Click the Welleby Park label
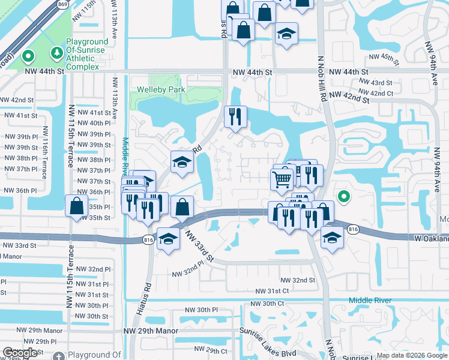coord(161,89)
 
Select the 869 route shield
coord(62,4)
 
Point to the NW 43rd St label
coord(376,83)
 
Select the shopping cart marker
coord(282,179)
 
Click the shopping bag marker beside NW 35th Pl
coord(76,206)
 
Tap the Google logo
coord(20,353)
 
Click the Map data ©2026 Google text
coord(411,355)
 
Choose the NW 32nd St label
coord(298,280)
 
